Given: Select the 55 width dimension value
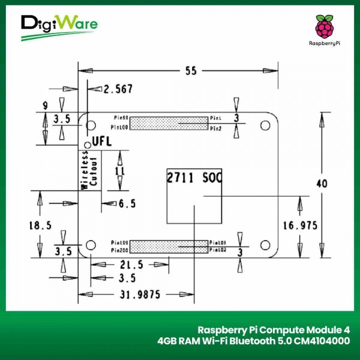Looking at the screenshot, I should coord(191,71).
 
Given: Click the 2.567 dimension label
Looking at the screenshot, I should coord(118,89).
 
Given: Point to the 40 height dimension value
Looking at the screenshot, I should coord(322,184).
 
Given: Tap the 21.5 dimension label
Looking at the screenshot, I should coord(131,265).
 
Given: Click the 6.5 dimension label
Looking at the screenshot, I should coord(127,204).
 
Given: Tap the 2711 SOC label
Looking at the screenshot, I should coord(194,178).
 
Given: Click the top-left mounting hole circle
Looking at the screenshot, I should coord(91,126).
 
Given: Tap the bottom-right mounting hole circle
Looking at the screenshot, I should coord(264,245).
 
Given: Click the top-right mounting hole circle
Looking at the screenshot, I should coord(264,125).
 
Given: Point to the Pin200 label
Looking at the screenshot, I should coord(119,249).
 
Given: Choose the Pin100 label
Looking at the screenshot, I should coord(119,127).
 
